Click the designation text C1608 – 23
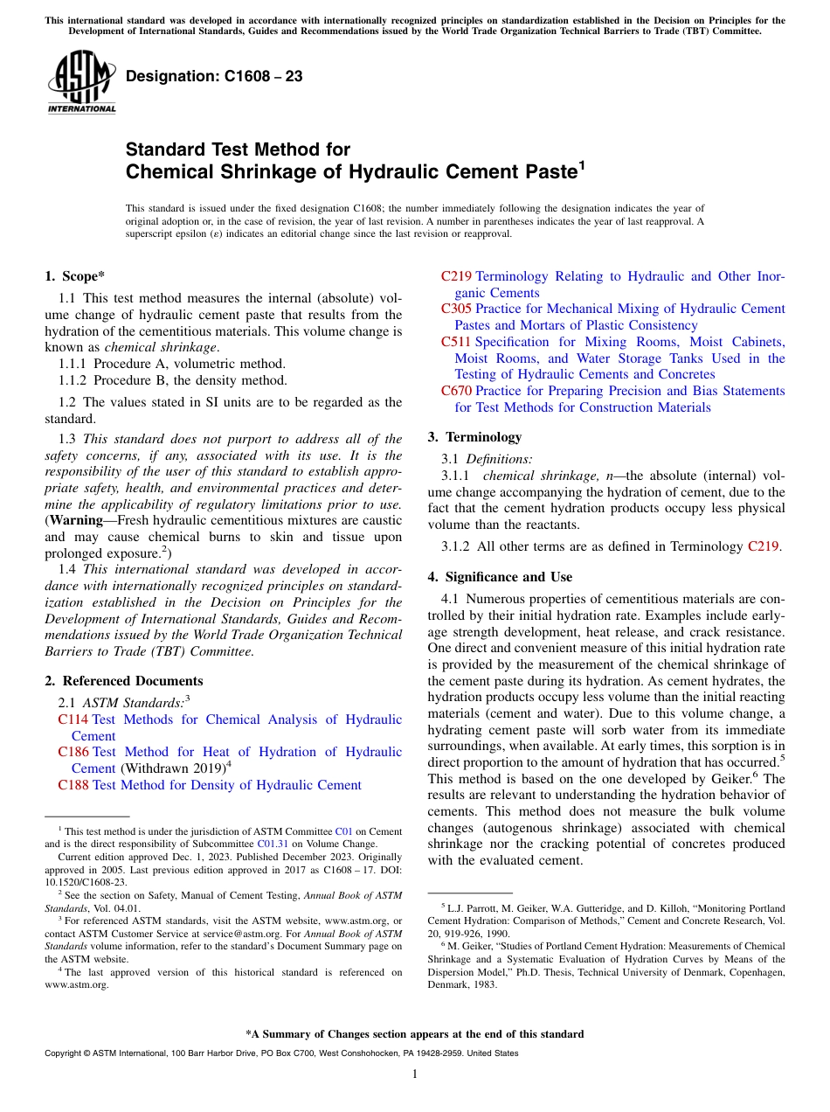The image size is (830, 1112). coord(214,77)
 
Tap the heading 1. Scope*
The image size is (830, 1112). coord(75,276)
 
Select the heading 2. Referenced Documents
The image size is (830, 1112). coord(124,681)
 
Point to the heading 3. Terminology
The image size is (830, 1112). coord(474,437)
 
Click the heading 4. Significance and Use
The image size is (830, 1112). coord(500,577)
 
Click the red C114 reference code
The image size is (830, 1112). coord(73,719)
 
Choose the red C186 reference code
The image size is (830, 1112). coord(73,752)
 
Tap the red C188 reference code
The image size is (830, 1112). coord(73,785)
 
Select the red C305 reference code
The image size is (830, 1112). coord(456,309)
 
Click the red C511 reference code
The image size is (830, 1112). coord(456,342)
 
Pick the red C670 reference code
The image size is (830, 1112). coord(456,391)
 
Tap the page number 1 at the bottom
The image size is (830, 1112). coord(415,1074)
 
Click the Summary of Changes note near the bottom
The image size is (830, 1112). coord(415,1034)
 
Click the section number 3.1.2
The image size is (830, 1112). coord(457,547)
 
